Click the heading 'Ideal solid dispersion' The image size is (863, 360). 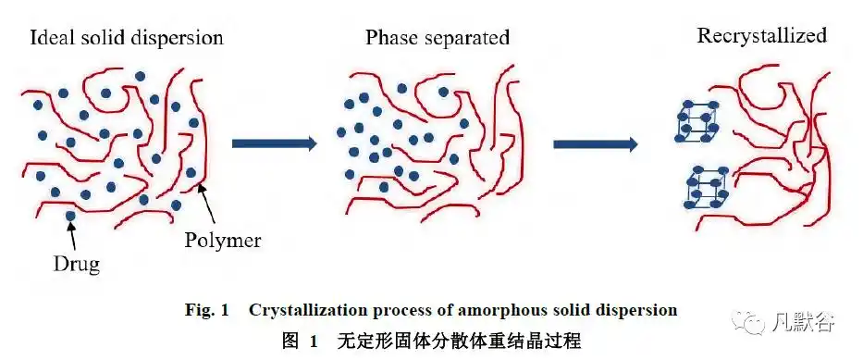126,39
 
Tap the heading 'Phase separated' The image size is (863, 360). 437,39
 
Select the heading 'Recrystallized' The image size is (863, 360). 761,37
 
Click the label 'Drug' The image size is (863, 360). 75,265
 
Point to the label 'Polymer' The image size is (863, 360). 222,241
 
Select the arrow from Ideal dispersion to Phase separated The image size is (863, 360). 275,143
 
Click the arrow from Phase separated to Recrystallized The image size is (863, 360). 596,144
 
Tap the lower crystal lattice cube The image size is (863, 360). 707,188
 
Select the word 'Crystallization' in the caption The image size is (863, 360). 302,310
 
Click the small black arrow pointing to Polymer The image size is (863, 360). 208,201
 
